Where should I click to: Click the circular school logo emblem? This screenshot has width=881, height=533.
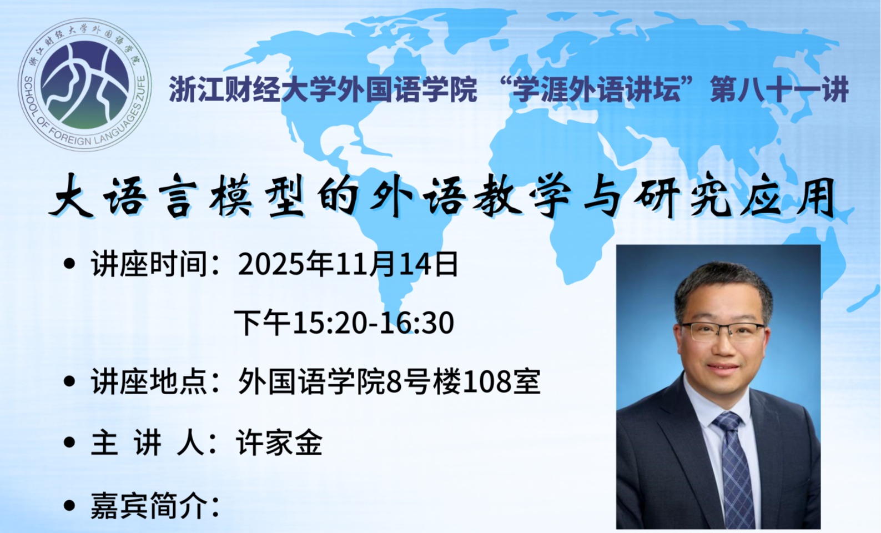(x=85, y=84)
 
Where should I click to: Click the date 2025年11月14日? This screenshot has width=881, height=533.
(x=348, y=264)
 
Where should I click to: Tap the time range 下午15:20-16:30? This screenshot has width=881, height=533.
(x=344, y=323)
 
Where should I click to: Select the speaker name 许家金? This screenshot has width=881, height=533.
(x=279, y=443)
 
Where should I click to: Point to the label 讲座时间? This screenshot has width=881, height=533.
(x=149, y=264)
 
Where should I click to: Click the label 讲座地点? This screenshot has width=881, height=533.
(x=149, y=381)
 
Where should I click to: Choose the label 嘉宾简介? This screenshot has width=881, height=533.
(x=149, y=505)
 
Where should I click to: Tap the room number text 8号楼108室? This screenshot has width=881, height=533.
(x=464, y=381)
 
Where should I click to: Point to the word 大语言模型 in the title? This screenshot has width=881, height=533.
(x=177, y=195)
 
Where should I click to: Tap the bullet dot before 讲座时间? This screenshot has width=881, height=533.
(x=69, y=264)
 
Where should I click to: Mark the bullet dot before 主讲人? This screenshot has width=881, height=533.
(x=69, y=443)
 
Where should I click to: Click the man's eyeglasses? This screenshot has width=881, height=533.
(x=723, y=331)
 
